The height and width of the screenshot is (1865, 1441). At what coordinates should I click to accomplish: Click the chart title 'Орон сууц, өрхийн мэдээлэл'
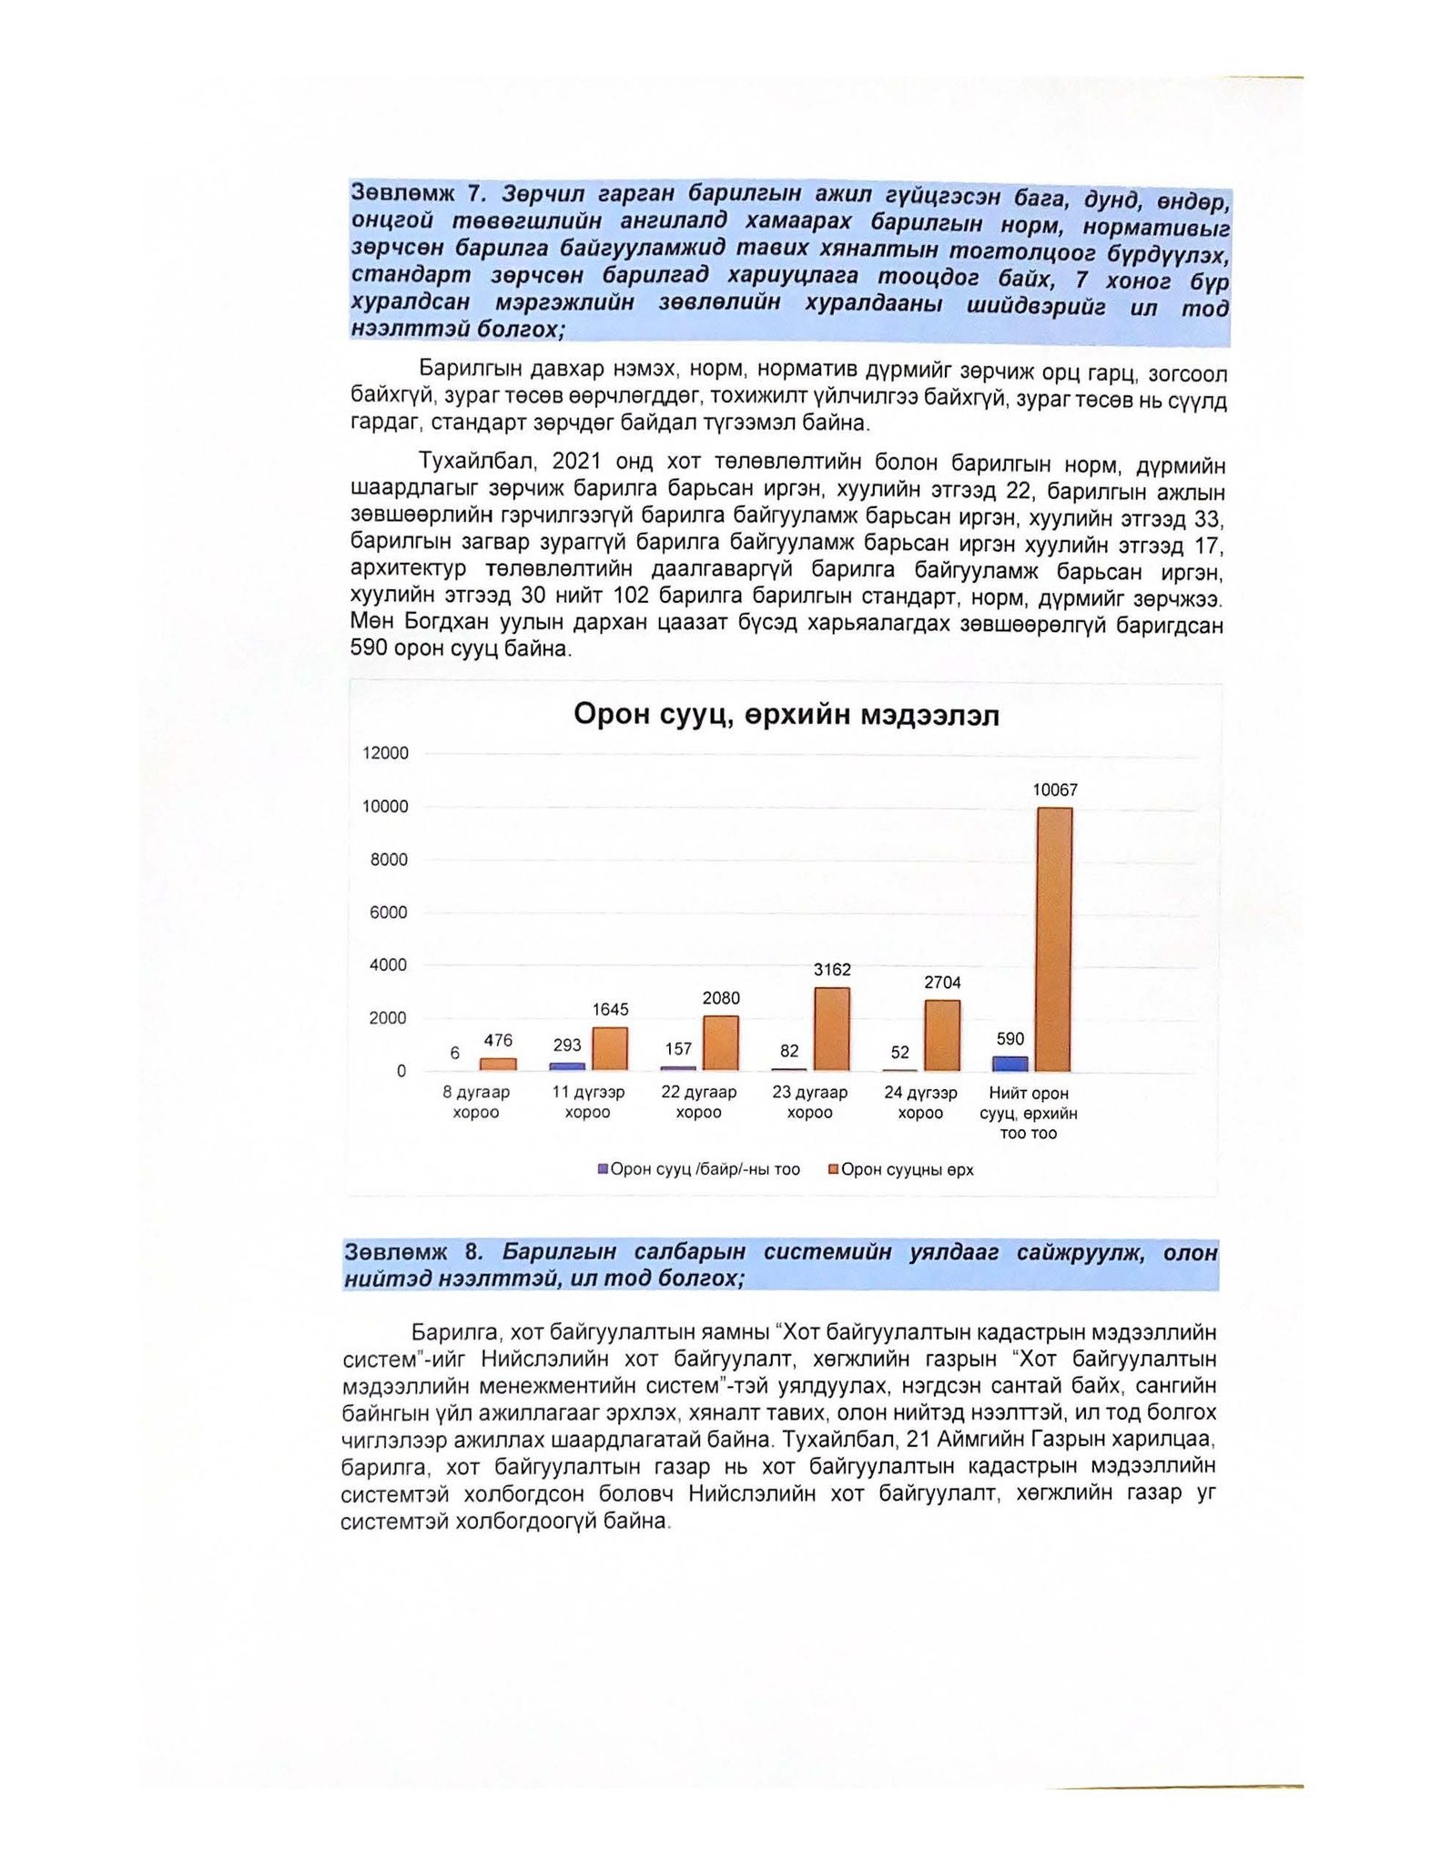pos(786,716)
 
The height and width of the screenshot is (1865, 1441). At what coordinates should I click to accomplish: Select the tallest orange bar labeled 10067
pos(1054,938)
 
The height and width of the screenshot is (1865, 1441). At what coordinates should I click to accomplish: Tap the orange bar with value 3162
pos(832,1029)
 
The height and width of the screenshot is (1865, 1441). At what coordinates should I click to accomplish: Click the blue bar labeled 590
pos(1010,1064)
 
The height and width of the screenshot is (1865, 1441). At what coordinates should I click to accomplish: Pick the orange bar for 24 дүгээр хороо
pos(942,1035)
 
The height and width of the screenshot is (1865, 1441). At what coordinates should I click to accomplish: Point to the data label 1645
pos(610,1009)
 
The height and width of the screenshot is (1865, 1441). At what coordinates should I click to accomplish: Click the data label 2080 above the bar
pos(721,998)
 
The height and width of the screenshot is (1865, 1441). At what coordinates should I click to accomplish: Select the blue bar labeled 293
pos(567,1066)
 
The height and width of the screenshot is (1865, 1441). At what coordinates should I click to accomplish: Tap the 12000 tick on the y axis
pos(386,753)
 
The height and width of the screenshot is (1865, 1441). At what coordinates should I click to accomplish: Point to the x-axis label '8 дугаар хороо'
pos(476,1102)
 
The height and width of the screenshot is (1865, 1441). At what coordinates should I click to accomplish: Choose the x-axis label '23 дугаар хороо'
pos(809,1102)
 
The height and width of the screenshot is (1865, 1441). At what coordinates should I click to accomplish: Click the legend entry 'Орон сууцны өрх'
pos(900,1170)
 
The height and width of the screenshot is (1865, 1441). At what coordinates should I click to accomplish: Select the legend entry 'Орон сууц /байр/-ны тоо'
pos(698,1170)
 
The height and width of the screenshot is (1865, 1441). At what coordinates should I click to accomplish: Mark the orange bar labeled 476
pos(498,1064)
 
